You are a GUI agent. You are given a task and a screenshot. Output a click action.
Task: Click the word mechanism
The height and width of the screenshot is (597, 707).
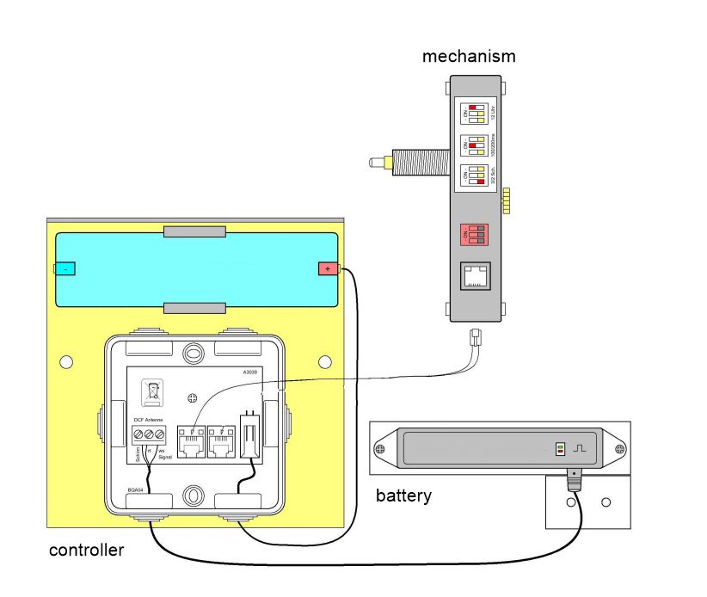point(469,57)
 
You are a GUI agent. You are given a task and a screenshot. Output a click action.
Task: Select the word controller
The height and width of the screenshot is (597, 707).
point(86,550)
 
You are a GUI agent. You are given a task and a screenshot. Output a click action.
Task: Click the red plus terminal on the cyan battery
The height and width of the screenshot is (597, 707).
point(329,269)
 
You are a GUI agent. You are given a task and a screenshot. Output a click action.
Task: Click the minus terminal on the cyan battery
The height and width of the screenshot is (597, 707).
point(65,268)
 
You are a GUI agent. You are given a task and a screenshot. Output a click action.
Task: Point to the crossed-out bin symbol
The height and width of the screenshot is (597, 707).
point(152,392)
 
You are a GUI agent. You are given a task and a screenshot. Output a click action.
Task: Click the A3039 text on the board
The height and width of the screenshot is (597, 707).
point(250,373)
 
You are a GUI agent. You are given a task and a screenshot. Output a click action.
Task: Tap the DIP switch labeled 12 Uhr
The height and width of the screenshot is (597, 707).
point(473,114)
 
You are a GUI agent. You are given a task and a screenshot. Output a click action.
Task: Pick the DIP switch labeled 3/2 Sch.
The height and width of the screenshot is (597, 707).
point(473,176)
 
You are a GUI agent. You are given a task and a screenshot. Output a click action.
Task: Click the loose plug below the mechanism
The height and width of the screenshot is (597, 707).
point(476,337)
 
